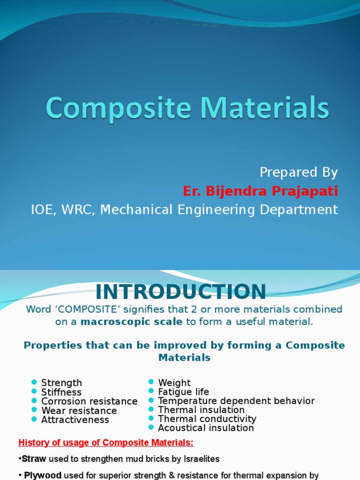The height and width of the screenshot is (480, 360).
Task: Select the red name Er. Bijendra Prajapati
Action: coord(260,191)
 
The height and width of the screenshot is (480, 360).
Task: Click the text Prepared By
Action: coord(299,172)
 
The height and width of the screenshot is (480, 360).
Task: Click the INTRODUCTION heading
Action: coord(181,292)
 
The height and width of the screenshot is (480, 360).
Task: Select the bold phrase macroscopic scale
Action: coord(132,322)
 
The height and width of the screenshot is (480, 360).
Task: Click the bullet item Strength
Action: coord(61,383)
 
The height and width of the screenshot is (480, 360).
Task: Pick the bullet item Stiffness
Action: coord(61,392)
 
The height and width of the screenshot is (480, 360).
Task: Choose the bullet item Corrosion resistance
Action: coord(89,401)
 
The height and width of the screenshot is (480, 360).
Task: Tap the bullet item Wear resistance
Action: coord(79,411)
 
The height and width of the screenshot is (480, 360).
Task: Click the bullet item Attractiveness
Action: coord(75,420)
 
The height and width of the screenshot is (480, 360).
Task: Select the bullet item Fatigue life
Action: coord(184,392)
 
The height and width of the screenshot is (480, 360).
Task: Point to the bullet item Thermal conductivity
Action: coord(207,419)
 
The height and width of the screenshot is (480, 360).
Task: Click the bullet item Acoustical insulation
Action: coord(206,428)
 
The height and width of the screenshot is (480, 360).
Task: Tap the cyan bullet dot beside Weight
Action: coord(151,382)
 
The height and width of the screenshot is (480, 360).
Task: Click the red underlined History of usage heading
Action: coord(105,443)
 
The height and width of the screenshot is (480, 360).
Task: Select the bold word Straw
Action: coord(34,459)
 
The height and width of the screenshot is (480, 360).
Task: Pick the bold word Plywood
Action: coord(43,475)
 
